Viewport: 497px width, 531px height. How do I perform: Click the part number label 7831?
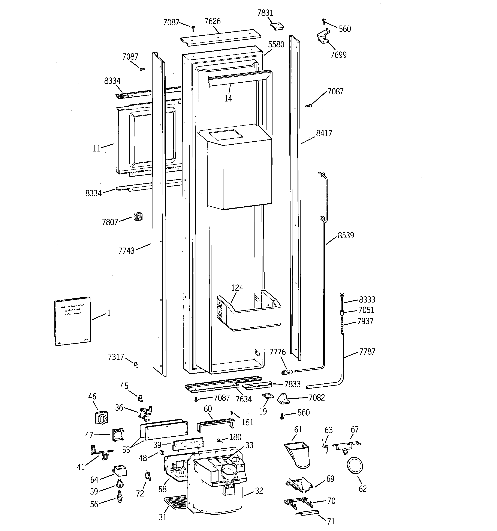point(265,13)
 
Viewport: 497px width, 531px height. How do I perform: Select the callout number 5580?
point(276,44)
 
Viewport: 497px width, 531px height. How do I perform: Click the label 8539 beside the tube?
point(346,235)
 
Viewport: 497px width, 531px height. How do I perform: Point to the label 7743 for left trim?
point(126,251)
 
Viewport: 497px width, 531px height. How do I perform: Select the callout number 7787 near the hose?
point(367,352)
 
